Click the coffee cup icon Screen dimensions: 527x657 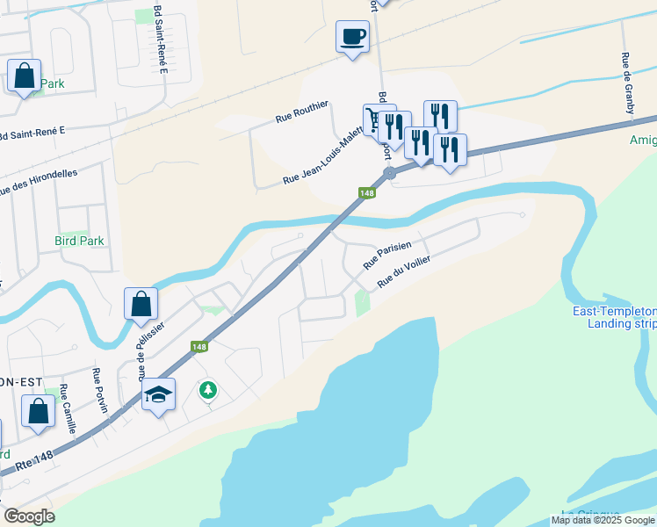click(352, 37)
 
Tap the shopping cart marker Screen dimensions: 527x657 click(375, 118)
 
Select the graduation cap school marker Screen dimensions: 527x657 click(158, 394)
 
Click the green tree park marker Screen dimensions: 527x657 click(207, 388)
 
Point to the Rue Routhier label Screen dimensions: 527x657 click(301, 113)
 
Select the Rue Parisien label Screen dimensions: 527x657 click(386, 257)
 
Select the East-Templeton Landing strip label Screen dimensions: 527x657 click(620, 317)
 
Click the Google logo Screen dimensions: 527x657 click(29, 516)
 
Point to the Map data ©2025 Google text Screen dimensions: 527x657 click(603, 520)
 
